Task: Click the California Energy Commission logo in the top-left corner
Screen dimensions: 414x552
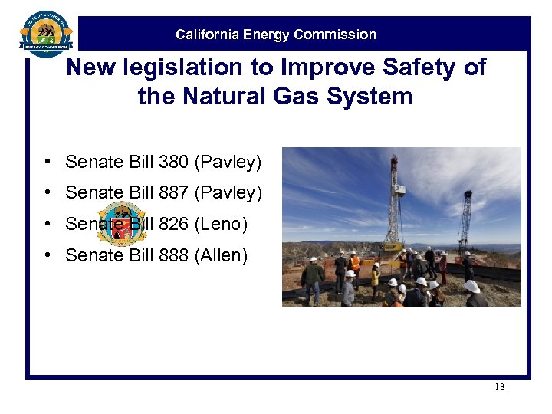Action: (x=46, y=34)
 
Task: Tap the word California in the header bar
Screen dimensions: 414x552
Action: (x=206, y=34)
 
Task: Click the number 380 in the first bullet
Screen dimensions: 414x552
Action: (x=175, y=162)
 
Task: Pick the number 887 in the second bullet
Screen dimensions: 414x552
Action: (x=175, y=193)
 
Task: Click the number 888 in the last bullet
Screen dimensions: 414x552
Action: (x=175, y=255)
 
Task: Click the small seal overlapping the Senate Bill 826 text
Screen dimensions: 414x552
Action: (x=122, y=224)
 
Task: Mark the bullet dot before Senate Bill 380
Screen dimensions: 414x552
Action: (x=48, y=162)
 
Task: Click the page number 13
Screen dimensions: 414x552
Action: (x=499, y=387)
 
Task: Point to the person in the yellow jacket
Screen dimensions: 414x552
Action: (x=375, y=275)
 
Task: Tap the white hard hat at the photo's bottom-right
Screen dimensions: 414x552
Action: (x=472, y=287)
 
